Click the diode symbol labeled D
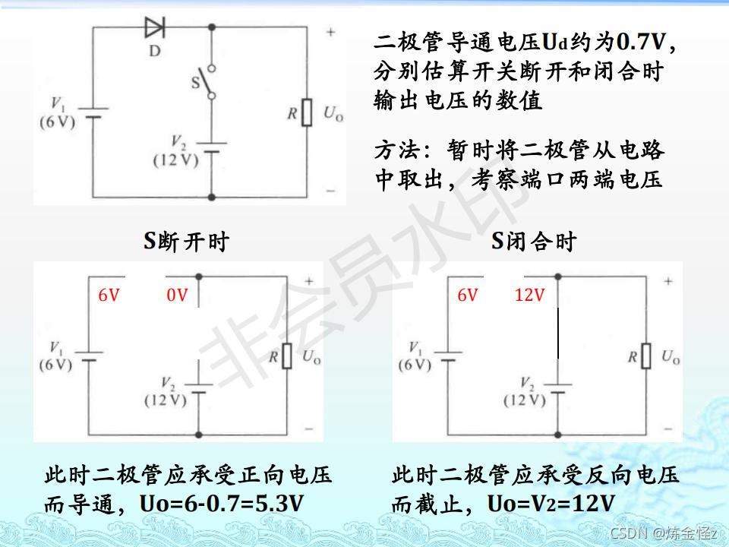tap(155, 29)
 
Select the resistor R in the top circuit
tap(307, 112)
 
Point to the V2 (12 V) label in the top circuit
tap(175, 152)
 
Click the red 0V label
tap(177, 296)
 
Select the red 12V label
tap(529, 296)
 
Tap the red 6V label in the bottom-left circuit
tap(109, 296)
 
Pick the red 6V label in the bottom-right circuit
tap(467, 296)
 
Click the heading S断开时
tap(187, 242)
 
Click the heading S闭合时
tap(534, 242)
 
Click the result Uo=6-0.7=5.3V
tap(222, 503)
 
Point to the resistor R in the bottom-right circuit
tap(646, 356)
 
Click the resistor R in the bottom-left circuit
tap(286, 356)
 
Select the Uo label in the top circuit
tap(333, 114)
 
